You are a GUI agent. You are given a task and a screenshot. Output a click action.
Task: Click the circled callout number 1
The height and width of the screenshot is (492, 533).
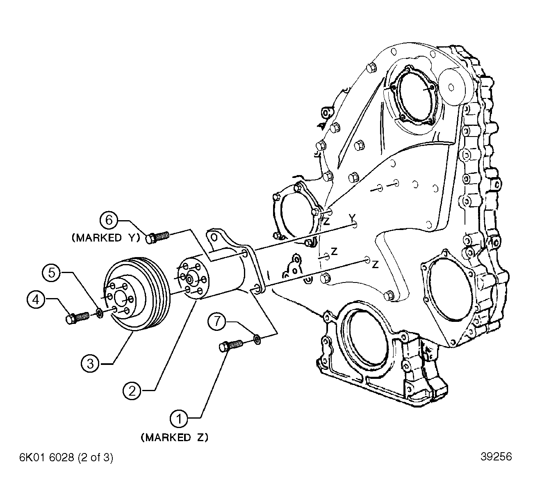179,419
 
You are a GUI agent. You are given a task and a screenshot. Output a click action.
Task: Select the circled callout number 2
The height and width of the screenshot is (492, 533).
132,391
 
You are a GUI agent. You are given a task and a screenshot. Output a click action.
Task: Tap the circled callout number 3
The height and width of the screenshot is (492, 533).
90,364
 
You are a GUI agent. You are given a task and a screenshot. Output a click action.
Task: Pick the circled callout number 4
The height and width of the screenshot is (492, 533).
36,300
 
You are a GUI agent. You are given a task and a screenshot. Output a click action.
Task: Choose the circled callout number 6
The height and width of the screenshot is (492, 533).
109,220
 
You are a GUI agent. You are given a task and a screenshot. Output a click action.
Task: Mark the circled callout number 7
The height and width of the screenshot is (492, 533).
217,321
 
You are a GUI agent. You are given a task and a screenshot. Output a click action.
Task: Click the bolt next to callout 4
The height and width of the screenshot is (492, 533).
77,317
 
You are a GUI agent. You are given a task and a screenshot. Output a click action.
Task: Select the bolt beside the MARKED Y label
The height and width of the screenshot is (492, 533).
157,237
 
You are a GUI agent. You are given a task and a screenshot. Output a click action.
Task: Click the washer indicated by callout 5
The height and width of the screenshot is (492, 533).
100,313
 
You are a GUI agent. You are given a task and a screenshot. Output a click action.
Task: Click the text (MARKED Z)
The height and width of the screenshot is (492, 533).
175,437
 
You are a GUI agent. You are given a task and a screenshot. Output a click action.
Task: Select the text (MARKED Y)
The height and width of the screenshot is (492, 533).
106,238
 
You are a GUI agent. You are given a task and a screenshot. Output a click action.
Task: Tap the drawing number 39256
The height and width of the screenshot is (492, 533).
496,457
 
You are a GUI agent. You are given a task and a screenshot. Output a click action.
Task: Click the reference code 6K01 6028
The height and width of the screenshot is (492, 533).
46,458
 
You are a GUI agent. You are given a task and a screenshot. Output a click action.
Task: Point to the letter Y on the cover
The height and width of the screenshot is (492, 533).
352,217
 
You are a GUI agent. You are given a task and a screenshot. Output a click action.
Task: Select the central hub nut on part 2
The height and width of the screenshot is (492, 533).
190,280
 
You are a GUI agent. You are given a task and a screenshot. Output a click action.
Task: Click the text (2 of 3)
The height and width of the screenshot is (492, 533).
96,458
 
